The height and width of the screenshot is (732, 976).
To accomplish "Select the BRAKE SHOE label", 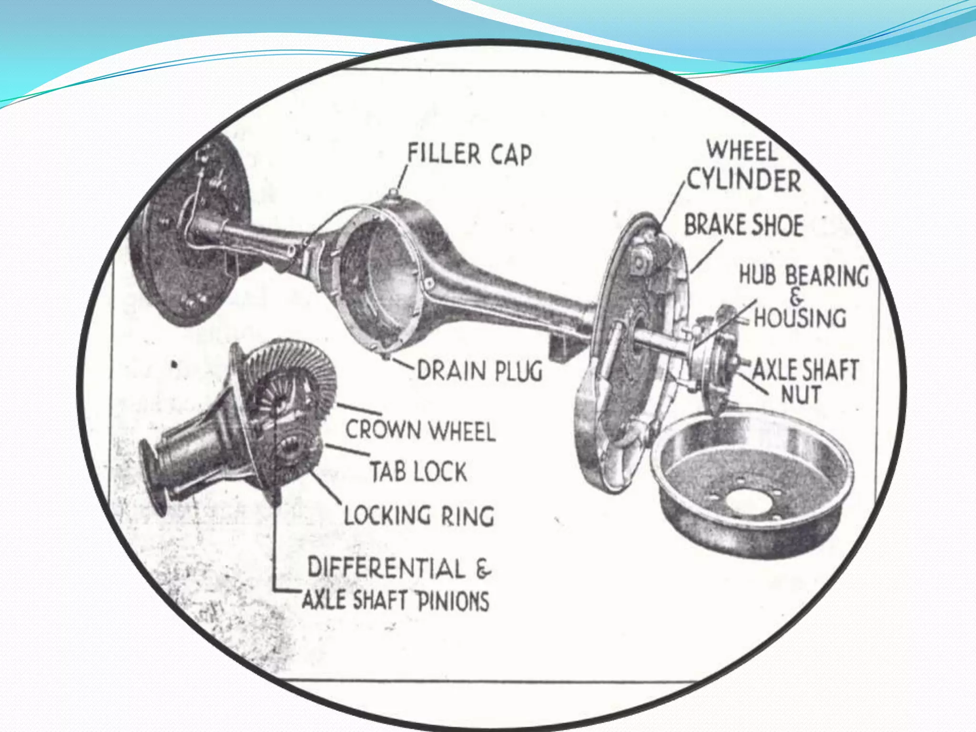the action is pyautogui.click(x=744, y=225).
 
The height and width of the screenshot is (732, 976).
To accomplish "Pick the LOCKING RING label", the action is pyautogui.click(x=419, y=515).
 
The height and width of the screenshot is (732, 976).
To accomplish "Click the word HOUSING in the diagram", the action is pyautogui.click(x=801, y=317).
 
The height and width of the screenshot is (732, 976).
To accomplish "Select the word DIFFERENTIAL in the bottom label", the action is pyautogui.click(x=386, y=568).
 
